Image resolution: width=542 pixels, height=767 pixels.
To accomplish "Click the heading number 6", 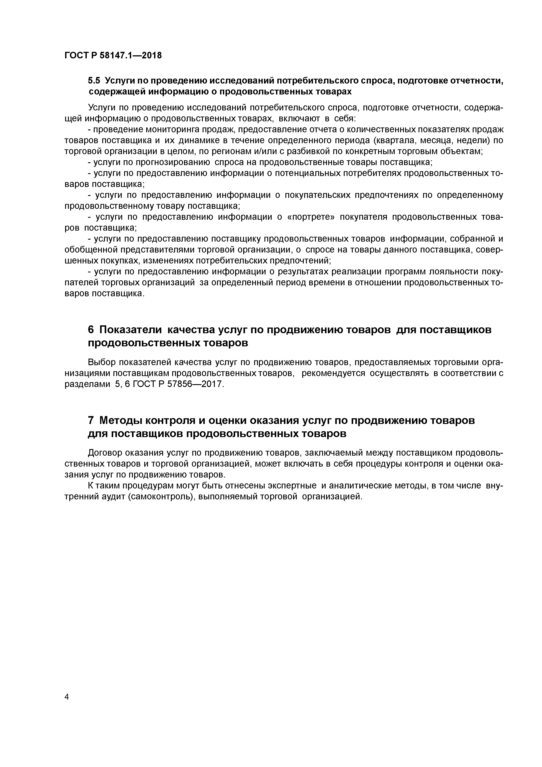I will pyautogui.click(x=91, y=329).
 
